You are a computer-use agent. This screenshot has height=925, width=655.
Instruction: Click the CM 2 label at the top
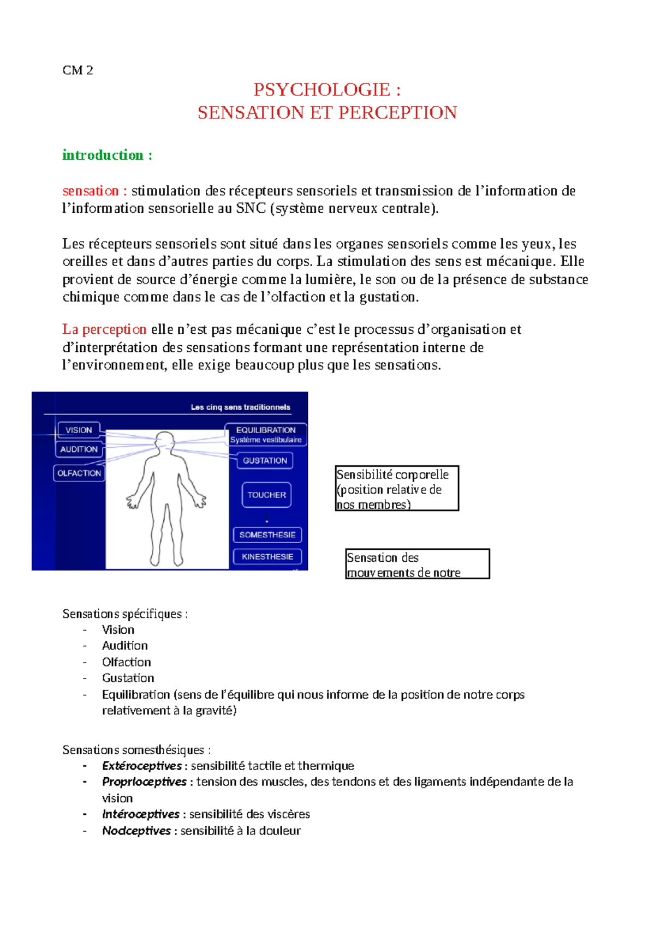click(x=78, y=70)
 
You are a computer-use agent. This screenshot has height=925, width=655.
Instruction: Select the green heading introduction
click(x=103, y=155)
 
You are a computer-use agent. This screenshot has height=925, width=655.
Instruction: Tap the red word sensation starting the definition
click(x=91, y=191)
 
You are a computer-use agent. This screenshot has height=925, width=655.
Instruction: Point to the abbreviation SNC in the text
click(x=251, y=208)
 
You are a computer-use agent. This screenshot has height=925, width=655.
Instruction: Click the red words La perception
click(x=104, y=329)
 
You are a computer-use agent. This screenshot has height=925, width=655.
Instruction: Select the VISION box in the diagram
click(x=79, y=430)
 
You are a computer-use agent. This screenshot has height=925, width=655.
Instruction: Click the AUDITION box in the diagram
click(x=79, y=449)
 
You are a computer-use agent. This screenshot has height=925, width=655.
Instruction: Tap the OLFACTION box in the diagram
click(x=79, y=473)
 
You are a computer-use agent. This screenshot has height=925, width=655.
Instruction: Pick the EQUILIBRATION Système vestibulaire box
click(x=265, y=435)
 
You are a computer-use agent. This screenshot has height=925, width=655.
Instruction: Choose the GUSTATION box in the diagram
click(x=265, y=460)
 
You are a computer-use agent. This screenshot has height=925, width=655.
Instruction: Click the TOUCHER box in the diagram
click(x=266, y=495)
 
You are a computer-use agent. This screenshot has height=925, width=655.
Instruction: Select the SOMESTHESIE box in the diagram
click(x=267, y=534)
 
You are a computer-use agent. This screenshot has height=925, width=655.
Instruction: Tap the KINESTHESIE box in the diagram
click(x=267, y=556)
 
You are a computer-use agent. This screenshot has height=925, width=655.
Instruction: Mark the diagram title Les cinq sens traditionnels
click(x=240, y=407)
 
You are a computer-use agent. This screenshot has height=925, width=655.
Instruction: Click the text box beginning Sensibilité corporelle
click(x=396, y=489)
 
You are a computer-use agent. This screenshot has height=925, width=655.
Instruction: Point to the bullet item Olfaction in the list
click(x=126, y=662)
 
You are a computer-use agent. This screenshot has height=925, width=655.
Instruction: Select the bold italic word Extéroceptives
click(x=141, y=766)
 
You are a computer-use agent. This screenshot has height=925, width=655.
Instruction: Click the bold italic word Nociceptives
click(x=136, y=831)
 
